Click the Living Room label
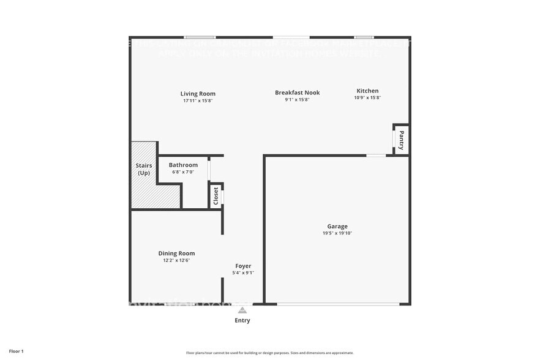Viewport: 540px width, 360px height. click(x=198, y=94)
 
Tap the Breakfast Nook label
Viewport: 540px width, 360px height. click(x=297, y=92)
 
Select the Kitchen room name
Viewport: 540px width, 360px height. click(x=367, y=91)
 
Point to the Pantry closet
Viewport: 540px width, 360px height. click(x=401, y=140)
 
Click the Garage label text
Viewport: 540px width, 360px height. click(x=337, y=226)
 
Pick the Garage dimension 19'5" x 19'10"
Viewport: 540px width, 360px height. click(x=337, y=233)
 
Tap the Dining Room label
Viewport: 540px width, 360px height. click(x=176, y=253)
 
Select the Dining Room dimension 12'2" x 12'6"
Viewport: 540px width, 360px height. click(x=176, y=261)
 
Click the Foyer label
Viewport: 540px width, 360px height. click(x=243, y=266)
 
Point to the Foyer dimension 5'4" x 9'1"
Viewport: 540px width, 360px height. click(x=244, y=273)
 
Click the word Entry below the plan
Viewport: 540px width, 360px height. click(x=242, y=320)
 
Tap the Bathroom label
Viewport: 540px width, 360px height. click(x=183, y=165)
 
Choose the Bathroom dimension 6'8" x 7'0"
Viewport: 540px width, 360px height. click(x=183, y=172)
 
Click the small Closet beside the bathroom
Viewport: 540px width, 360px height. click(x=216, y=196)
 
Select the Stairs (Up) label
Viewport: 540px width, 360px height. click(x=143, y=169)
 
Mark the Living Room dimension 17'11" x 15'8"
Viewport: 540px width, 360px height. click(x=198, y=100)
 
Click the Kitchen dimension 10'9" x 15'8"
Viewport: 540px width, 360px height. click(x=367, y=98)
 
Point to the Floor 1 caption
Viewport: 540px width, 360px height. click(x=17, y=351)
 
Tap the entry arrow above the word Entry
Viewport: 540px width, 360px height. click(x=242, y=310)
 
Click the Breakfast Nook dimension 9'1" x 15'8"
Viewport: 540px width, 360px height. click(x=297, y=99)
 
